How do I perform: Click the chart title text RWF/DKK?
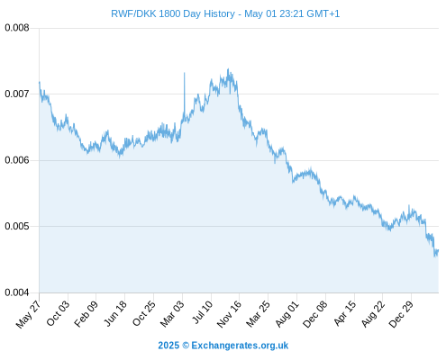[x=133, y=13]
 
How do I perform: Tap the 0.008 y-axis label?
[x=17, y=28]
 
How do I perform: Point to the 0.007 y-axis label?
[x=17, y=94]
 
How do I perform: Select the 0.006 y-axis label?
[x=17, y=160]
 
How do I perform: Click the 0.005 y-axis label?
[x=17, y=226]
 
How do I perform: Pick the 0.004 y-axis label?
[x=17, y=292]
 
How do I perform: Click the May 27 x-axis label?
[x=29, y=314]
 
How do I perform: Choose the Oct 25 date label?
[x=144, y=313]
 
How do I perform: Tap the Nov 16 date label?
[x=229, y=314]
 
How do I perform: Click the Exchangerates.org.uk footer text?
[x=240, y=346]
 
